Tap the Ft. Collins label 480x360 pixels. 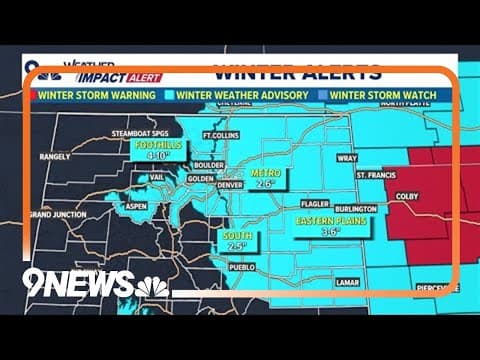tap(219, 135)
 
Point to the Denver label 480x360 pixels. tap(230, 185)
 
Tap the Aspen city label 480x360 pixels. tap(136, 206)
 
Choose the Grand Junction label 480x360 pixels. tap(55, 214)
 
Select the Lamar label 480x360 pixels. tap(347, 283)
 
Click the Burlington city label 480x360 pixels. tap(356, 209)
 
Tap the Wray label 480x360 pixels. tap(348, 157)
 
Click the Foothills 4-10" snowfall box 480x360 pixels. tap(156, 149)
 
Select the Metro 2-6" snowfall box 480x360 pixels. tap(265, 178)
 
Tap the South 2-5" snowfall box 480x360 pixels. tap(237, 240)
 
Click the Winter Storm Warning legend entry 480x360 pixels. tap(93, 95)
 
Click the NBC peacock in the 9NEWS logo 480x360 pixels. tap(152, 287)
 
